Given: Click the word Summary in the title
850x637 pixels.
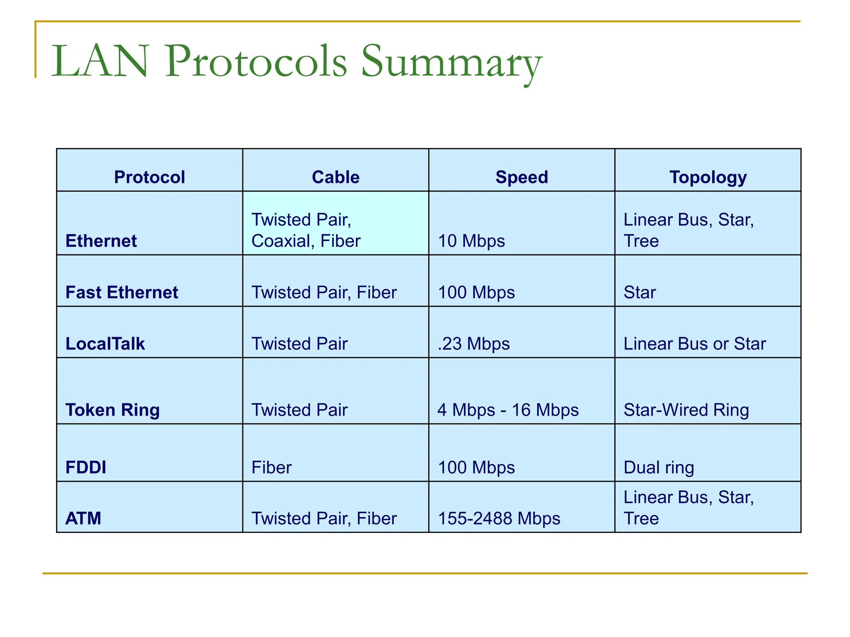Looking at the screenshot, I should pos(451,62).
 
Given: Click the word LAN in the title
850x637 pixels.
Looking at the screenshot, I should pos(100,62).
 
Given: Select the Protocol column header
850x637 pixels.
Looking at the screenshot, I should pos(149,177).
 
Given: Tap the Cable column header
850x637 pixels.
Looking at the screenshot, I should pos(335,177).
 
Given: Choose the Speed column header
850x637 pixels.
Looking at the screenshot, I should pos(522,177).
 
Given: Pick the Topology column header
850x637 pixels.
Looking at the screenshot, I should pos(708,177).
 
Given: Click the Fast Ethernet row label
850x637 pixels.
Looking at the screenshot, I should pos(122,292).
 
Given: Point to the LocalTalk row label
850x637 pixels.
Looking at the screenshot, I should pos(105,344).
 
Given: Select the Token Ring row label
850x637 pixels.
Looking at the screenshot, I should pos(112,410).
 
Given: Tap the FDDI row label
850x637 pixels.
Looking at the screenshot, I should pos(86,467).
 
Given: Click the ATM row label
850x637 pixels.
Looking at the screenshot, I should pos(83,518).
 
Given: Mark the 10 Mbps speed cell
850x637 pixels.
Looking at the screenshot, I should pos(471,241).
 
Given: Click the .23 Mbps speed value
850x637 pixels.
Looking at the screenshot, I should pos(474,344).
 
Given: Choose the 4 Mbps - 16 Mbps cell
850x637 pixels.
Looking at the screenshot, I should pos(508,410).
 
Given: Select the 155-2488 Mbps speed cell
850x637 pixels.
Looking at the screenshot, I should pos(499,518).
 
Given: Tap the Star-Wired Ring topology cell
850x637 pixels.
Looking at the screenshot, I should pos(686,410).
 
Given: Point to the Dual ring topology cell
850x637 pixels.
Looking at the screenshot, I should pos(659,467).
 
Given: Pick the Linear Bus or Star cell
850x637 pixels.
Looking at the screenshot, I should pos(694,344).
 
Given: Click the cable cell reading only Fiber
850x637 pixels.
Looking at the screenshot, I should pos(271,467).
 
